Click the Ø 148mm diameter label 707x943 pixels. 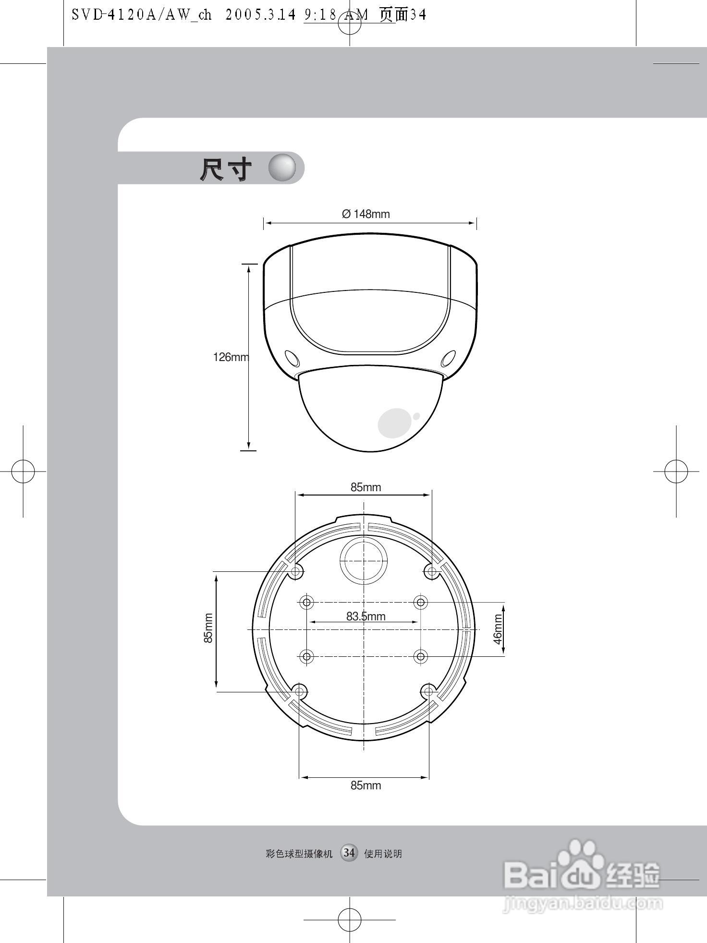click(366, 214)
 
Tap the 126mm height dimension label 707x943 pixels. click(231, 357)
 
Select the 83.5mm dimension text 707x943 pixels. click(366, 617)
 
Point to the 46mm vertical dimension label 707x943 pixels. click(498, 629)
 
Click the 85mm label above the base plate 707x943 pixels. click(366, 487)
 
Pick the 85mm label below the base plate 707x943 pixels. click(366, 786)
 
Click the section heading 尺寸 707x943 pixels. click(225, 169)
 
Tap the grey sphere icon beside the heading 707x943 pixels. click(282, 168)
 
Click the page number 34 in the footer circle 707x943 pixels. click(349, 853)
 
